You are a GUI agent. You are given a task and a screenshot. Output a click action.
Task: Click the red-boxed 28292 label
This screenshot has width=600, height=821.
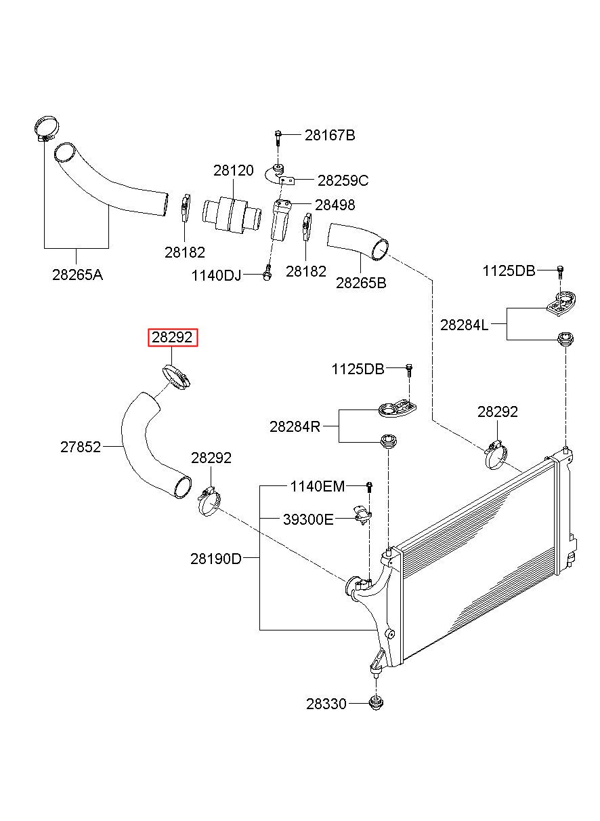173,338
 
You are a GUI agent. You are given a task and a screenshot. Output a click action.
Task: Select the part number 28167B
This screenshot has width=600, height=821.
329,136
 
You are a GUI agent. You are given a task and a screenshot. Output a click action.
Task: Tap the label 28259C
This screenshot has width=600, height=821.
343,180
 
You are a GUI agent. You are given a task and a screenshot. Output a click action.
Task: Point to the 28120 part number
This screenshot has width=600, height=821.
234,171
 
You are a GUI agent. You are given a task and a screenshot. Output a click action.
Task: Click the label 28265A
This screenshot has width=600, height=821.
77,275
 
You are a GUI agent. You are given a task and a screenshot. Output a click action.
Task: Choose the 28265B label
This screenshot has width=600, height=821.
361,283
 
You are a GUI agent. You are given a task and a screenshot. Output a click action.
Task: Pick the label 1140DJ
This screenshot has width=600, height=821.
216,276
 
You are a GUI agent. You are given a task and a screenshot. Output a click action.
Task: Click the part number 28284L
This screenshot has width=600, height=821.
464,325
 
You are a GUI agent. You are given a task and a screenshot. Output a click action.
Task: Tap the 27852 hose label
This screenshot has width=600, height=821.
81,447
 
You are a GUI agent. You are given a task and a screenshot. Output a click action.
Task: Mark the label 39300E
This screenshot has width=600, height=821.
308,520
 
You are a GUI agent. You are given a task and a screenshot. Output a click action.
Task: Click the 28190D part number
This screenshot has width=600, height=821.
215,559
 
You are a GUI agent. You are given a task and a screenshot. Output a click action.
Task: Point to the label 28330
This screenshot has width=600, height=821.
326,704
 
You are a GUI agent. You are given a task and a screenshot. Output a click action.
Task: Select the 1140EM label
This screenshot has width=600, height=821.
317,486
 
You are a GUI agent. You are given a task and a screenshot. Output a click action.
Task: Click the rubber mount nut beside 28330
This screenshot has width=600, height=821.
374,703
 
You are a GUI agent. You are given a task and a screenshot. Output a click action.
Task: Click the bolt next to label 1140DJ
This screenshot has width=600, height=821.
267,274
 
